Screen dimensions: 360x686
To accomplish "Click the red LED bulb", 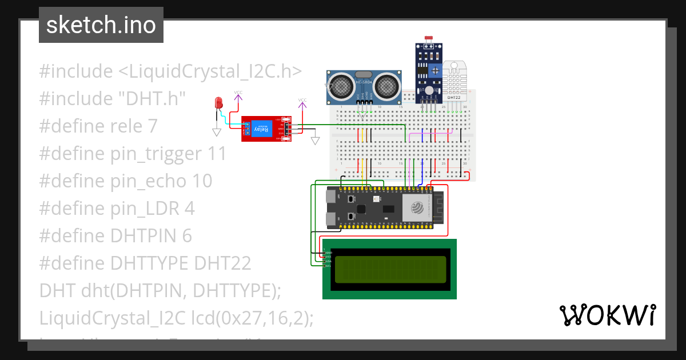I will (x=218, y=103).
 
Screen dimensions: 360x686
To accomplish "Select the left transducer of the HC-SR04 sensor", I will (x=342, y=87).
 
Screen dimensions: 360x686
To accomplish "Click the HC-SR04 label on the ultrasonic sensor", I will (x=364, y=82).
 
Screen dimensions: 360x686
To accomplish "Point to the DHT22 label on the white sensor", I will (x=454, y=98).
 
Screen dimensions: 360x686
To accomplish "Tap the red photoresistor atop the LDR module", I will (x=428, y=38).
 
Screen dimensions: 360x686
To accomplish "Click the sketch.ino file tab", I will (x=101, y=25).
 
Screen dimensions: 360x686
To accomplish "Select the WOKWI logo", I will (x=607, y=315).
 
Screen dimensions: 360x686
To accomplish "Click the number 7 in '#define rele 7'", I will (x=152, y=126).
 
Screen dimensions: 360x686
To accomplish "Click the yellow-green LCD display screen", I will (x=390, y=269).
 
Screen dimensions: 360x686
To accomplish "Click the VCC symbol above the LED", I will (x=238, y=93).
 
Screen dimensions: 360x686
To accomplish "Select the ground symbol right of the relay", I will (x=315, y=141).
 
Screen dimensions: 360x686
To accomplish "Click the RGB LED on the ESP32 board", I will (x=376, y=199).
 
